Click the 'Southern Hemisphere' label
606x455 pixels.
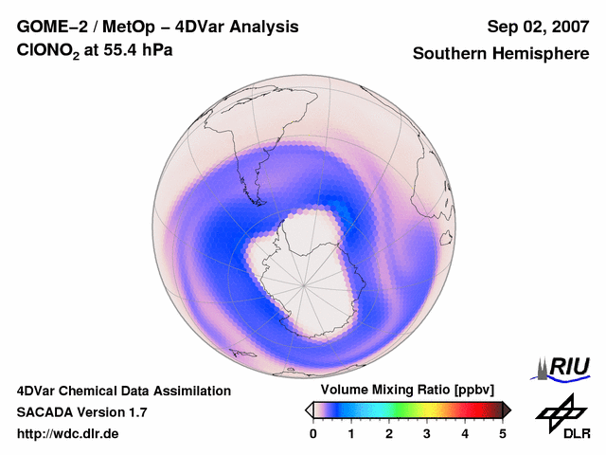[x=501, y=54]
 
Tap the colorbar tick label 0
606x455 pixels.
[x=313, y=433]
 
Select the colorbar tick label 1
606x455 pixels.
[x=351, y=433]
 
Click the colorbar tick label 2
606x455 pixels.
[x=389, y=433]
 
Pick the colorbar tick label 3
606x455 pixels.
[x=427, y=433]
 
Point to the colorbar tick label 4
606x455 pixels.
[x=465, y=433]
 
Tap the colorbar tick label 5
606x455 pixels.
[x=503, y=433]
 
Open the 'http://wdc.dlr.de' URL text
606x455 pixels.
[x=68, y=434]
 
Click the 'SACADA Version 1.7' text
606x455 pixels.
[x=81, y=412]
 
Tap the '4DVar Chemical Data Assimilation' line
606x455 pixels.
[x=124, y=391]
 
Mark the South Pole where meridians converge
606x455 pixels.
[x=305, y=282]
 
